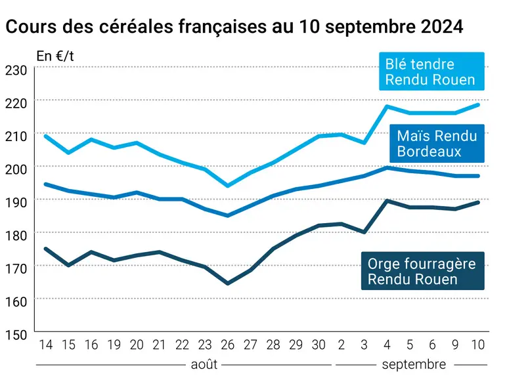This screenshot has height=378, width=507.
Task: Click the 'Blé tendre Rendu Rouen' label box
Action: tap(431, 71)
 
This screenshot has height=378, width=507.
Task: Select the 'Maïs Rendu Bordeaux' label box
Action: tap(437, 143)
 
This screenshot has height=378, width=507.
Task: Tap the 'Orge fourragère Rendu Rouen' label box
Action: tap(422, 271)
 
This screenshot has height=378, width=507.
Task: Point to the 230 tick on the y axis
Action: tap(16, 70)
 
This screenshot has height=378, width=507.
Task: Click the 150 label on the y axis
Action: tap(16, 335)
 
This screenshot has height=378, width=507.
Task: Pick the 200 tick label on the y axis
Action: tap(16, 169)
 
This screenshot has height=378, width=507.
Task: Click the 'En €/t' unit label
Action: tap(55, 56)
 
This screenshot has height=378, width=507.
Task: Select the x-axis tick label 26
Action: tap(228, 345)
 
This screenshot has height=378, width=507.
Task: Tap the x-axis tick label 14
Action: tap(45, 345)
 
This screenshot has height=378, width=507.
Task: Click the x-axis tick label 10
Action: tap(477, 345)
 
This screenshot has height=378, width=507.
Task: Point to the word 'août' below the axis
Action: tap(204, 364)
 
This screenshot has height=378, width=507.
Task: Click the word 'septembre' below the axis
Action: tap(414, 365)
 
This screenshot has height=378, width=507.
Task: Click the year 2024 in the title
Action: tap(442, 26)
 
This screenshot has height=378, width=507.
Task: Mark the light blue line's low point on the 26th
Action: tap(228, 186)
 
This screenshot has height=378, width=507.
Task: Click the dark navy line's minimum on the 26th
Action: tap(228, 283)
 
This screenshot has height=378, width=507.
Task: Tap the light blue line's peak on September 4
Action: tap(387, 106)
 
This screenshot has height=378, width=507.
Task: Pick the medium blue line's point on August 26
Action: tap(228, 215)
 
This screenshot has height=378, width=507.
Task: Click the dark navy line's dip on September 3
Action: tap(364, 232)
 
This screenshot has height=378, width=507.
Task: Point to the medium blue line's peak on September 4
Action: tap(387, 167)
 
